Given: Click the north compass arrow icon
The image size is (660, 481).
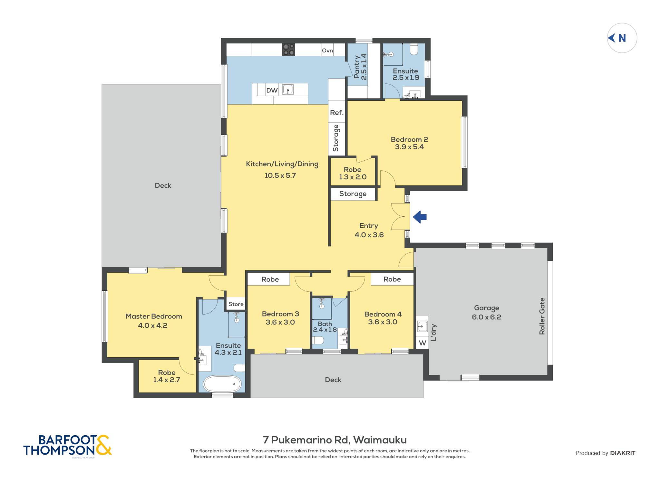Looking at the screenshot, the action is click(611, 38).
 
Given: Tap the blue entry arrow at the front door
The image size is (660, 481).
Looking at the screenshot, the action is click(420, 217).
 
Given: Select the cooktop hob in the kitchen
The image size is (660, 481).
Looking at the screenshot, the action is click(288, 50).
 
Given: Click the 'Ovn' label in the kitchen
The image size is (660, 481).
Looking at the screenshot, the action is click(327, 51).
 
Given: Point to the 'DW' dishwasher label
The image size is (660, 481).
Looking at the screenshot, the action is click(272, 90).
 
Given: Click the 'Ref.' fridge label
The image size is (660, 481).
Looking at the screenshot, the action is click(337, 113).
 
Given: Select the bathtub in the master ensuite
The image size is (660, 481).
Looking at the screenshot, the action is click(222, 384).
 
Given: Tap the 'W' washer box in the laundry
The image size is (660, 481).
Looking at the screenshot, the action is click(422, 343).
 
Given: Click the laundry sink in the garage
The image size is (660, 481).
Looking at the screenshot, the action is click(422, 327).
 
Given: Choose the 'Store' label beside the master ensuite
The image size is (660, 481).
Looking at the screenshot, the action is click(236, 304).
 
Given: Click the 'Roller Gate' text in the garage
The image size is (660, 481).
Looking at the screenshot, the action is click(542, 316).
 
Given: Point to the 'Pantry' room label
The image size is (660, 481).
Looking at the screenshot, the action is click(357, 67).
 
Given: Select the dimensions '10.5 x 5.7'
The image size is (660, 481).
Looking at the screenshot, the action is click(280, 175).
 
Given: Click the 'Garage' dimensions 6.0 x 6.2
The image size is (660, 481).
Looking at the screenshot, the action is click(487, 317).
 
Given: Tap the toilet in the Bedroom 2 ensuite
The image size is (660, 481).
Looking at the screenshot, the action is click(414, 49).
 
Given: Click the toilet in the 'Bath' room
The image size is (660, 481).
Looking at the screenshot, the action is click(318, 340).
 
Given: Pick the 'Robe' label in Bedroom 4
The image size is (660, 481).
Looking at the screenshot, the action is click(392, 279).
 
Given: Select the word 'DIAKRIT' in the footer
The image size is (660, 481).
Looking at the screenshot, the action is click(623, 453).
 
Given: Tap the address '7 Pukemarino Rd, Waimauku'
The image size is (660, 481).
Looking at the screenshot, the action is click(335, 440).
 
